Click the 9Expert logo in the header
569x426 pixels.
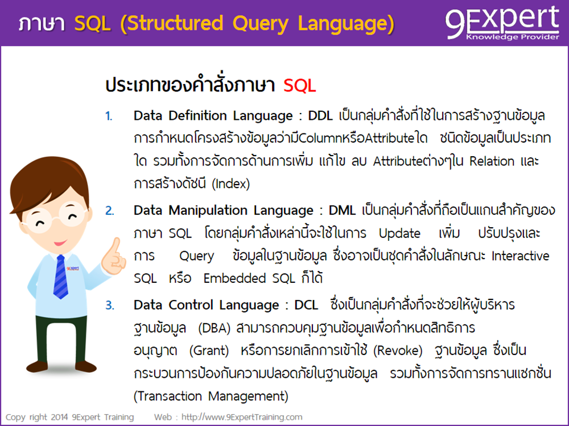pyautogui.click(x=502, y=23)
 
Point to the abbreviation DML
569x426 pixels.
pyautogui.click(x=342, y=211)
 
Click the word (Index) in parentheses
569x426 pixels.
pyautogui.click(x=230, y=184)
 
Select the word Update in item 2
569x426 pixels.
pyautogui.click(x=399, y=233)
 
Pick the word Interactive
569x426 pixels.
pyautogui.click(x=520, y=256)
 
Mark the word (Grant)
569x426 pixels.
pyautogui.click(x=211, y=351)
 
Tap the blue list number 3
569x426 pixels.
pyautogui.click(x=109, y=306)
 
